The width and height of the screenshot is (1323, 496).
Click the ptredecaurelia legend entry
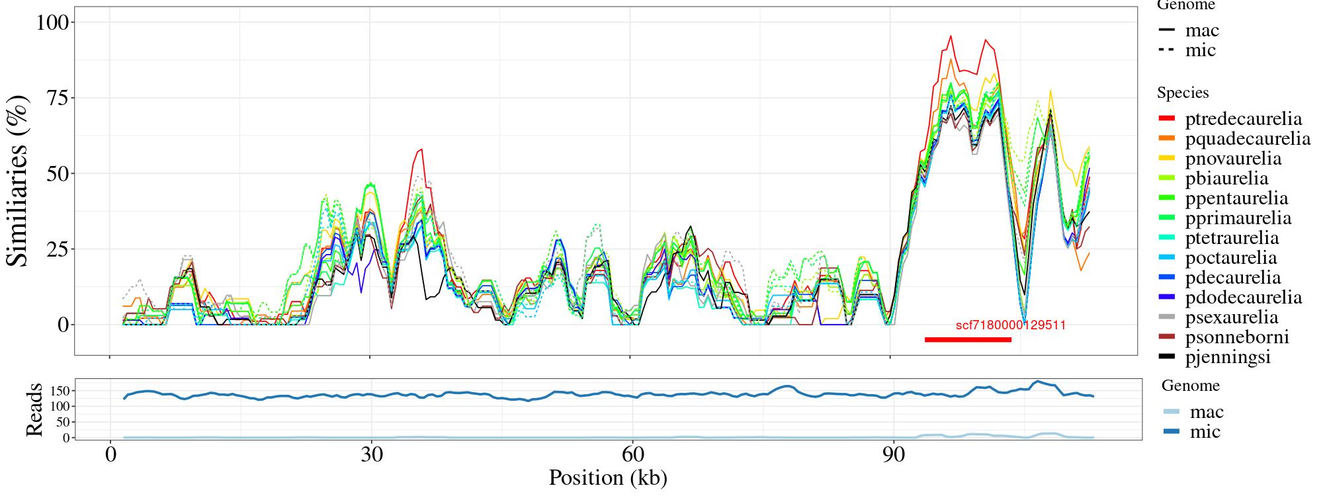[x=1243, y=119]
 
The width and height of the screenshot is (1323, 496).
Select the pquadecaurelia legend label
[x=1248, y=139]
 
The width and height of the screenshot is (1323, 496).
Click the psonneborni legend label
[x=1237, y=337]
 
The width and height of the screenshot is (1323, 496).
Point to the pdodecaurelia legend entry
[x=1243, y=298]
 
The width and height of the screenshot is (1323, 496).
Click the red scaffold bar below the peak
[x=968, y=340]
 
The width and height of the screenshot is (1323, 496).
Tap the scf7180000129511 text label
[x=1011, y=325]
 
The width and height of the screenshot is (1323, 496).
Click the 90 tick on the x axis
[x=894, y=456]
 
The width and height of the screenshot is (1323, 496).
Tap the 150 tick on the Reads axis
[x=60, y=391]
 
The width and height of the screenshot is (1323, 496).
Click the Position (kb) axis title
[x=607, y=477]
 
